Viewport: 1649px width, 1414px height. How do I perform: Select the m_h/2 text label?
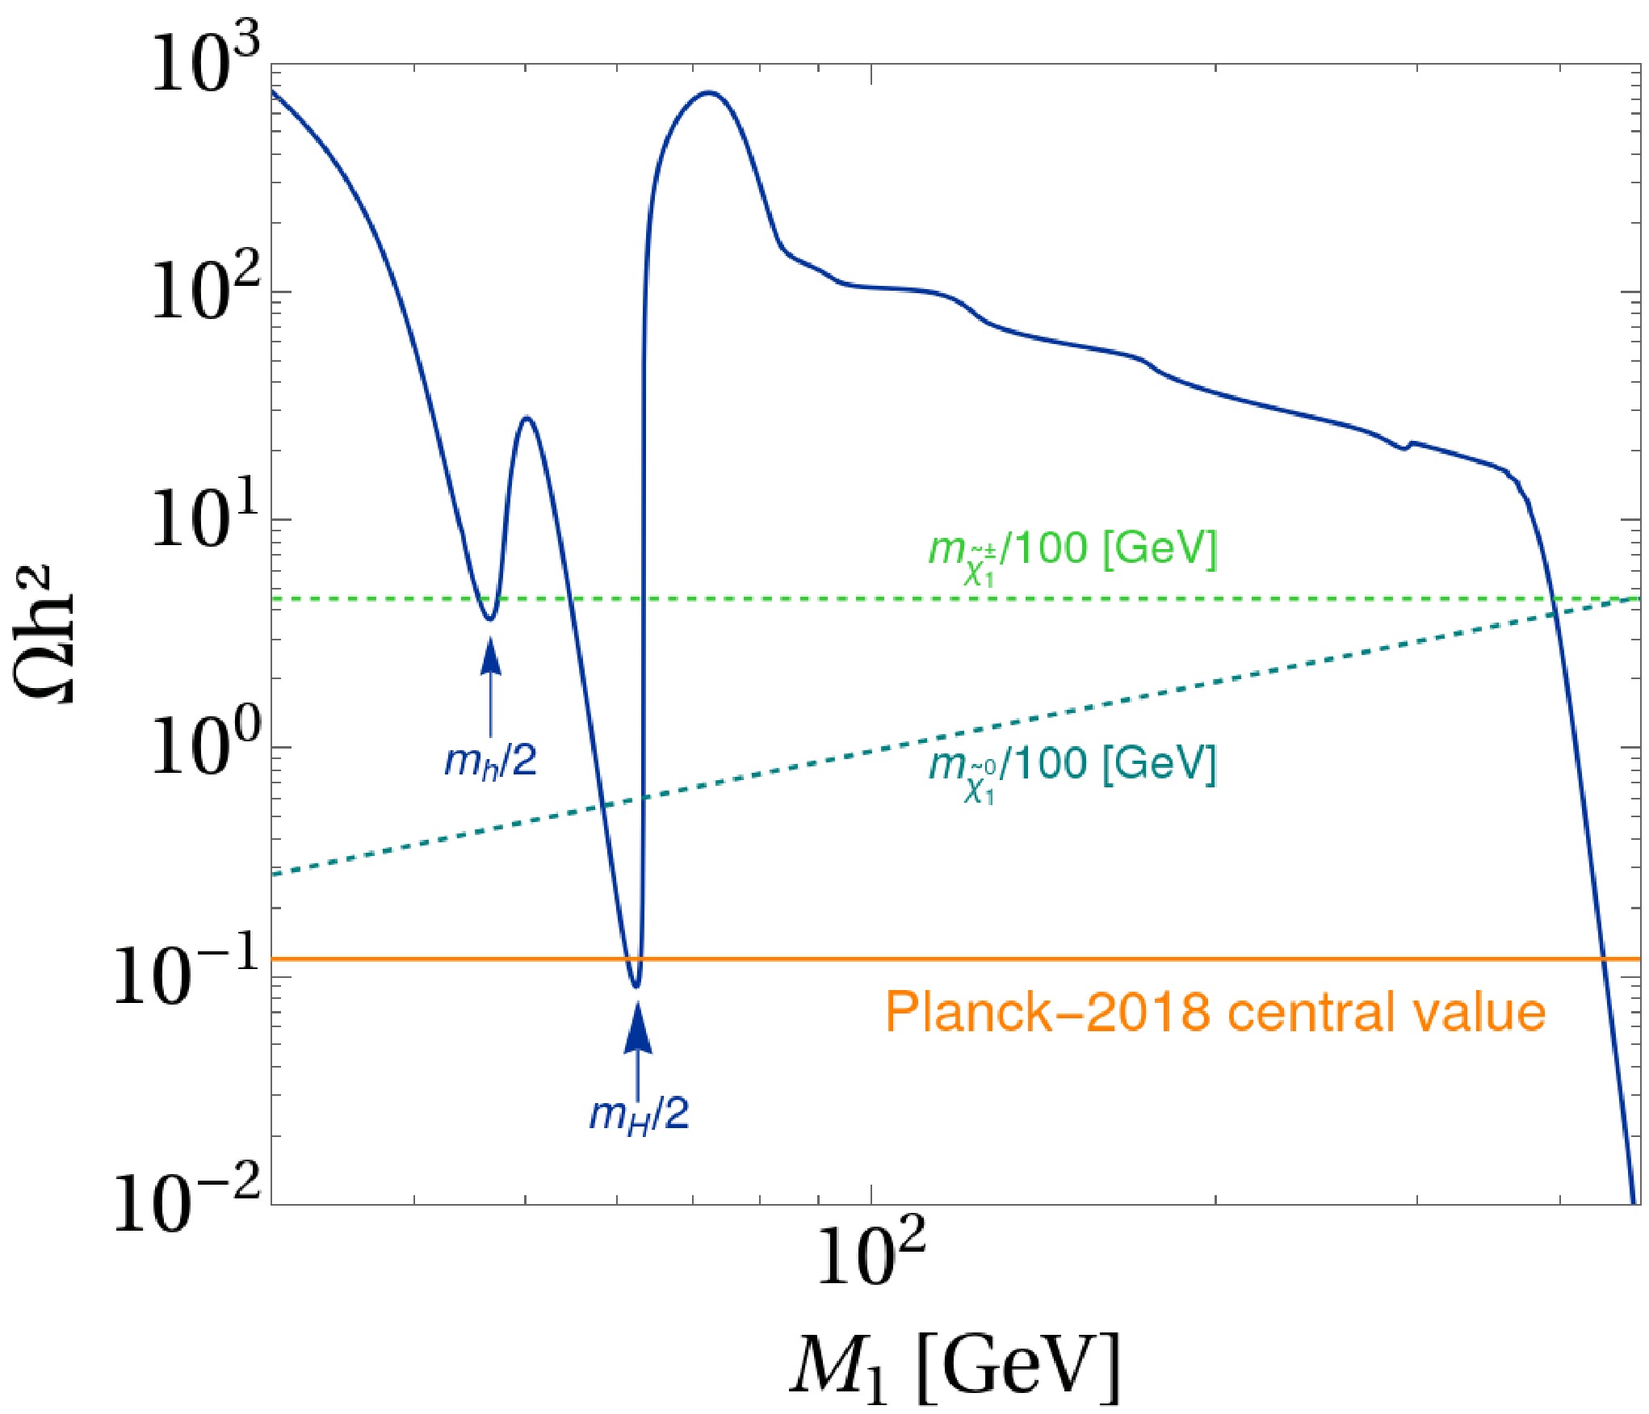pos(490,761)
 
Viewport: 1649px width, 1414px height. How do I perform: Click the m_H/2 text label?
pos(639,1115)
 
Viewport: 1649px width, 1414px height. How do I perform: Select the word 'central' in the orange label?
pos(1317,1011)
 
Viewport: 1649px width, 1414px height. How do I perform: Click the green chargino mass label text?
pos(1072,552)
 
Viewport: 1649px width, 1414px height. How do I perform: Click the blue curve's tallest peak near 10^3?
pos(709,92)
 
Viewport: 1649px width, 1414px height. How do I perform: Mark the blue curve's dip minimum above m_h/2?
pos(489,619)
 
